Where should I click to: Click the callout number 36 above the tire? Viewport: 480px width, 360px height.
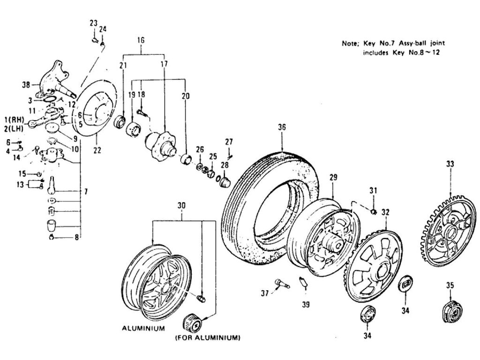click(281, 127)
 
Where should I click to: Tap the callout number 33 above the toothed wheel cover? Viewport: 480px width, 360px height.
click(450, 164)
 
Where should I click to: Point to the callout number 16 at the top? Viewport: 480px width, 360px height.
click(140, 40)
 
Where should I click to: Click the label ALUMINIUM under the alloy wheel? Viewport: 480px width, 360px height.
click(143, 329)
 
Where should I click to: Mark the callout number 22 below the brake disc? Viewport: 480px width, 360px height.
click(97, 150)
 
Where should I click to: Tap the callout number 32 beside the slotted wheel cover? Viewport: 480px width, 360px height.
click(385, 211)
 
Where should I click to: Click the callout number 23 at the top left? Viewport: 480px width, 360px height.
click(93, 23)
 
